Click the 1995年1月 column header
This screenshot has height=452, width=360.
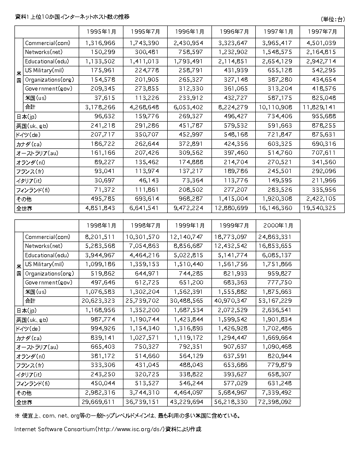100,31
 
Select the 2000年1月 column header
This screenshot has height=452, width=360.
278,225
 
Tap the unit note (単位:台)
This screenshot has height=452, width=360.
332,19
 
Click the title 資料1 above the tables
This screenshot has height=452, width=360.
22,17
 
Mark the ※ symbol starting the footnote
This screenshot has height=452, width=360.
17,415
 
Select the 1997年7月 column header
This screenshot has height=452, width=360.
322,31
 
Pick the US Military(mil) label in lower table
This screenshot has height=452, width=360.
44,264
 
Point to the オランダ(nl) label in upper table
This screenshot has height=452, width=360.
30,162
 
